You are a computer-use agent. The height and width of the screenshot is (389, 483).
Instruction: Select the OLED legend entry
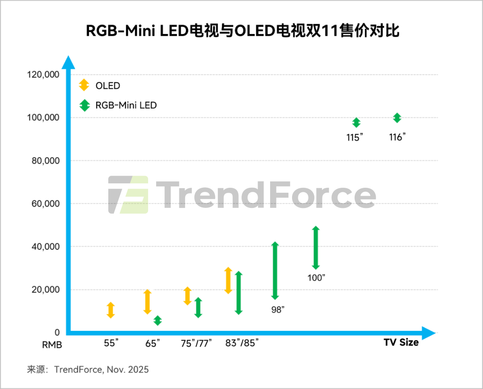pyautogui.click(x=107, y=85)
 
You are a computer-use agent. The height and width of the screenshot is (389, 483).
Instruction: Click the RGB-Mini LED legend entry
pyautogui.click(x=126, y=106)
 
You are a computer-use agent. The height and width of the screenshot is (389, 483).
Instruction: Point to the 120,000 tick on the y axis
pyautogui.click(x=43, y=75)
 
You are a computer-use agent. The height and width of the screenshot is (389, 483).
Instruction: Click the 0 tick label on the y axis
pyautogui.click(x=57, y=333)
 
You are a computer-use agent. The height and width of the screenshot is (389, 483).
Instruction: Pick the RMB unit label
pyautogui.click(x=52, y=345)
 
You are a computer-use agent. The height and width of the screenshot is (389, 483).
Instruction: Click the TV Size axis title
pyautogui.click(x=401, y=342)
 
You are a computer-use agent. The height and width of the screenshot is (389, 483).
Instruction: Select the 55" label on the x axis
pyautogui.click(x=111, y=343)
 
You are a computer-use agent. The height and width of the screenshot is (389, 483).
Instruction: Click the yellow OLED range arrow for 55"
pyautogui.click(x=111, y=310)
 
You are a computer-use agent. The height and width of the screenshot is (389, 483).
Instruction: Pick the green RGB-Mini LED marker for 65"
pyautogui.click(x=157, y=321)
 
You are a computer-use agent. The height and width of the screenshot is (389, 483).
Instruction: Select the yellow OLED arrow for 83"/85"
pyautogui.click(x=228, y=280)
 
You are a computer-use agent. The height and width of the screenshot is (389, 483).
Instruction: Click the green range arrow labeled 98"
pyautogui.click(x=275, y=271)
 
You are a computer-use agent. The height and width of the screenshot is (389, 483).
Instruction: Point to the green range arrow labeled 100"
pyautogui.click(x=316, y=248)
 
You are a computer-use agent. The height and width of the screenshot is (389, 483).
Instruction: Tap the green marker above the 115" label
pyautogui.click(x=356, y=123)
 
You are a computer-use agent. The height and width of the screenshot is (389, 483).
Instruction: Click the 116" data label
pyautogui.click(x=397, y=137)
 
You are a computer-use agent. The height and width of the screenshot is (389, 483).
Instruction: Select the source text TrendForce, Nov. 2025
pyautogui.click(x=101, y=370)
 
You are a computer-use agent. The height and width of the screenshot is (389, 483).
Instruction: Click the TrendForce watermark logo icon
pyautogui.click(x=128, y=195)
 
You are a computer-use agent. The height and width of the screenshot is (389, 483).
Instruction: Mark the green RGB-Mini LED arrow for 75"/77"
pyautogui.click(x=198, y=308)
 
